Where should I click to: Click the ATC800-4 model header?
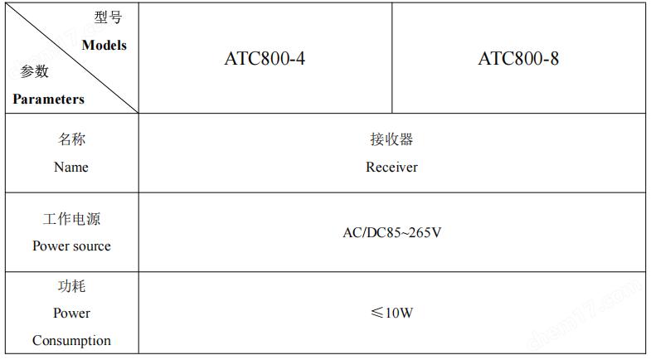pos(265,59)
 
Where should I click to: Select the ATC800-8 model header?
pos(518,59)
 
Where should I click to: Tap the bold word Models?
pos(104,46)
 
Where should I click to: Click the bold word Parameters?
pos(49,100)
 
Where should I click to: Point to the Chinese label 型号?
pos(108,17)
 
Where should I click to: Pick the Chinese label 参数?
pos(35,71)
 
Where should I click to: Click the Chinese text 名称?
pos(71,139)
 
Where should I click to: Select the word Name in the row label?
pos(71,167)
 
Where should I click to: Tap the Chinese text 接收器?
pos(391,139)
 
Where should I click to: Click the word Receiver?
pos(391,167)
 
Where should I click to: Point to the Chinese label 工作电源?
pos(71,219)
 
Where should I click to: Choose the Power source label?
pos(71,246)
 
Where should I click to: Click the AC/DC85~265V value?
pos(392,232)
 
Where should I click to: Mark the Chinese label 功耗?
pos(71,286)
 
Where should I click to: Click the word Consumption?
pos(71,340)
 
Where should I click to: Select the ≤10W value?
pos(392,312)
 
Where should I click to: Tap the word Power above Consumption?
pos(71,313)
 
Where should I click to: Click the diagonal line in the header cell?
pos(71,58)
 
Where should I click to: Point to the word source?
pos(90,246)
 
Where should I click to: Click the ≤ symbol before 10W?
pos(377,312)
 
